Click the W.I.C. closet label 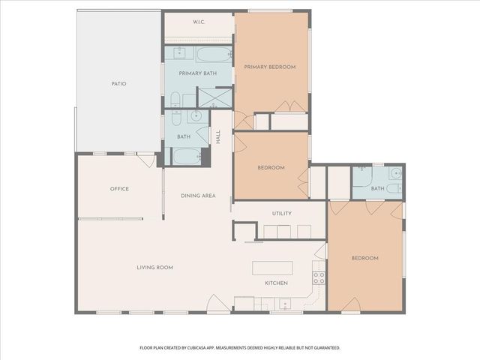[199, 22]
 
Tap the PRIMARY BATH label [193, 73]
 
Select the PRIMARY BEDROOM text [270, 67]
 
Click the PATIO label [118, 83]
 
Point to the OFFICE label [119, 188]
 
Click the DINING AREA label [198, 196]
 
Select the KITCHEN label [276, 283]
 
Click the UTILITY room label [282, 213]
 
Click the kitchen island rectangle [272, 268]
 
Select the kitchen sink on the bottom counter [285, 304]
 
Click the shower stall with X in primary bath [214, 97]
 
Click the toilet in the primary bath [175, 99]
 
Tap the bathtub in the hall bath [187, 156]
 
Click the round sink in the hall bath [195, 116]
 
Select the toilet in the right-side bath [394, 188]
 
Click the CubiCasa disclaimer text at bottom [240, 348]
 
